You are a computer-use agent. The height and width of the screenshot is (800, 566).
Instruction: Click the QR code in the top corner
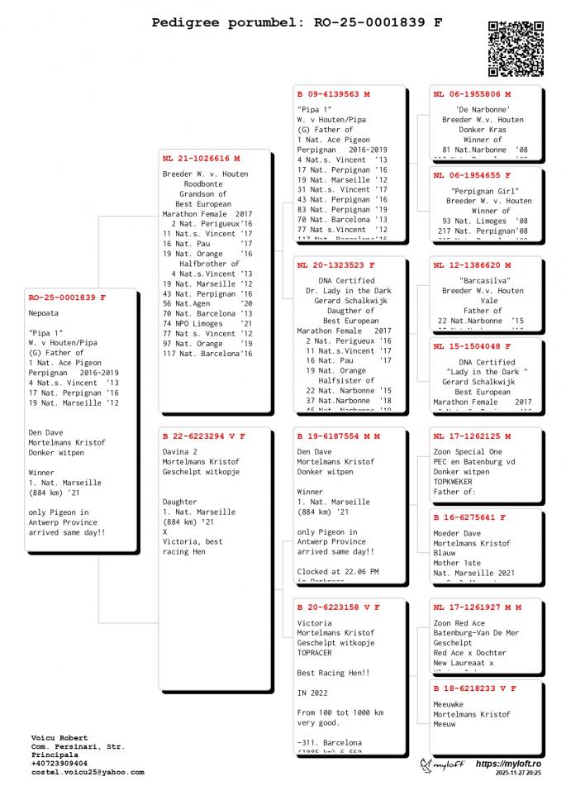[515, 49]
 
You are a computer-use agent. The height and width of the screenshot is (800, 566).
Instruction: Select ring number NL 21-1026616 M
[201, 158]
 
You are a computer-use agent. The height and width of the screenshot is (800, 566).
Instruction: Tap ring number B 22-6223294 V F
[204, 436]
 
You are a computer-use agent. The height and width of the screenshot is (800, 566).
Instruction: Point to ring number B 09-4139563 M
[334, 94]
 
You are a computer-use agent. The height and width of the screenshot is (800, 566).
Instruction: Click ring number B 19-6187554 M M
[339, 436]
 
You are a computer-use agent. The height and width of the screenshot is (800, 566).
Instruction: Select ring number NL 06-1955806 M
[472, 94]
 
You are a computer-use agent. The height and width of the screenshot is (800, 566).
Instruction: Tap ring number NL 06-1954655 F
[472, 175]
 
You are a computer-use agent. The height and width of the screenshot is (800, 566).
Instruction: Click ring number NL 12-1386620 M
[472, 265]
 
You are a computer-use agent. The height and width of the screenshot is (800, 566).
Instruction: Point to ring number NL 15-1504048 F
[472, 346]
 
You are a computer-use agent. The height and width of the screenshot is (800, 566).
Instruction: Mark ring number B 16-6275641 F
[469, 517]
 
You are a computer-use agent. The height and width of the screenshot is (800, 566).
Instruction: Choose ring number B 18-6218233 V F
[475, 688]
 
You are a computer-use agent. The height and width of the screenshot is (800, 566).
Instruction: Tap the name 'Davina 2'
[179, 452]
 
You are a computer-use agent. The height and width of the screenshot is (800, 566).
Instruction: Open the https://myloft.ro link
[508, 764]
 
